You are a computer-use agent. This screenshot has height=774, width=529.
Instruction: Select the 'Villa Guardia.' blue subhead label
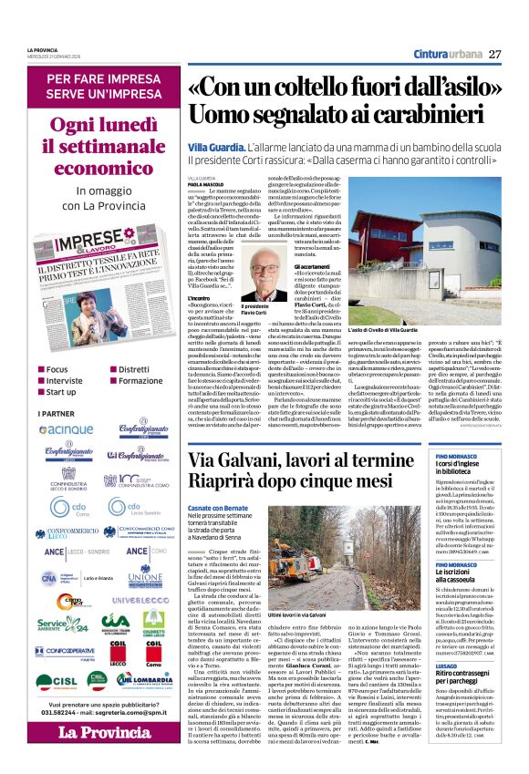[x=216, y=146]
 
